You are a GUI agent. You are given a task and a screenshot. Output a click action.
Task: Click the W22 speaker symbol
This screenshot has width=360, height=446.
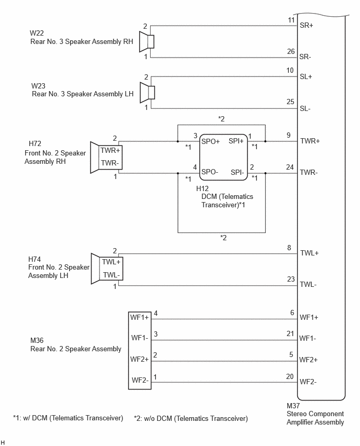point(147,42)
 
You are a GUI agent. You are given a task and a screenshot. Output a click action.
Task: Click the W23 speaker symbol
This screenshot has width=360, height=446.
point(148,93)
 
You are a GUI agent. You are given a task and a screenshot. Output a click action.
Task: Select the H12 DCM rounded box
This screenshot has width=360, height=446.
point(223,157)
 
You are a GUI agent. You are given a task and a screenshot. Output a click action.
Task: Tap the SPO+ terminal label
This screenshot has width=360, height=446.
point(210,141)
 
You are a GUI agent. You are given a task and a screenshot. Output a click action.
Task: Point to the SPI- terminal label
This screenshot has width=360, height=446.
point(238,172)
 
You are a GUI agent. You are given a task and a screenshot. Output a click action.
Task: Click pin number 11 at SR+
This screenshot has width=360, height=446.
point(291,20)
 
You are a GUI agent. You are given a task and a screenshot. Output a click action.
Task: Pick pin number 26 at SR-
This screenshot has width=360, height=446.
point(291,51)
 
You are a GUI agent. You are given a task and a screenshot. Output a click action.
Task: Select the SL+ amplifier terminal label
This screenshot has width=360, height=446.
point(306,76)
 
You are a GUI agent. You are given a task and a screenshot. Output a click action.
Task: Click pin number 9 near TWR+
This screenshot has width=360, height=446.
point(289,135)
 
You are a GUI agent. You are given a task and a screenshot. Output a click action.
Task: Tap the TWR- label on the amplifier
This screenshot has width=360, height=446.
point(309,172)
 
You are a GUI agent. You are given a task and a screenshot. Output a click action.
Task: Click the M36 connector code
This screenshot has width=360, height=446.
point(37,340)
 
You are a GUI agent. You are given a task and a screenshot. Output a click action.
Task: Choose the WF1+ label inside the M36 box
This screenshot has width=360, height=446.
point(139,317)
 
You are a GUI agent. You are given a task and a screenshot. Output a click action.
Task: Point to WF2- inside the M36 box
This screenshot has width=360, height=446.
point(140,380)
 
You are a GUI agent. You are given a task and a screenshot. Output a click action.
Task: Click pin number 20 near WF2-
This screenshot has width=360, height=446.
point(290,376)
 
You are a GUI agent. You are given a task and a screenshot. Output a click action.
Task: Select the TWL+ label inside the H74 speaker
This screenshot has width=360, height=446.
point(111,262)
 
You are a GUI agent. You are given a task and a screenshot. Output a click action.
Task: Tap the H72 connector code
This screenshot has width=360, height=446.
point(35,143)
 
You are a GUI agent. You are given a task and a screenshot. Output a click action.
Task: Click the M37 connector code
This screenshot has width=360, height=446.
point(293,406)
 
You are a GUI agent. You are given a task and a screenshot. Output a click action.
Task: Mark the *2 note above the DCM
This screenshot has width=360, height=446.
point(221,119)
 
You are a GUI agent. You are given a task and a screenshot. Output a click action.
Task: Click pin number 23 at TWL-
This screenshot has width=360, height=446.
point(291,279)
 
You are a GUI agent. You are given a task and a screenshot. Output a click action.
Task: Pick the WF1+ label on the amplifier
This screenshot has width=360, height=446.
point(309,317)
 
